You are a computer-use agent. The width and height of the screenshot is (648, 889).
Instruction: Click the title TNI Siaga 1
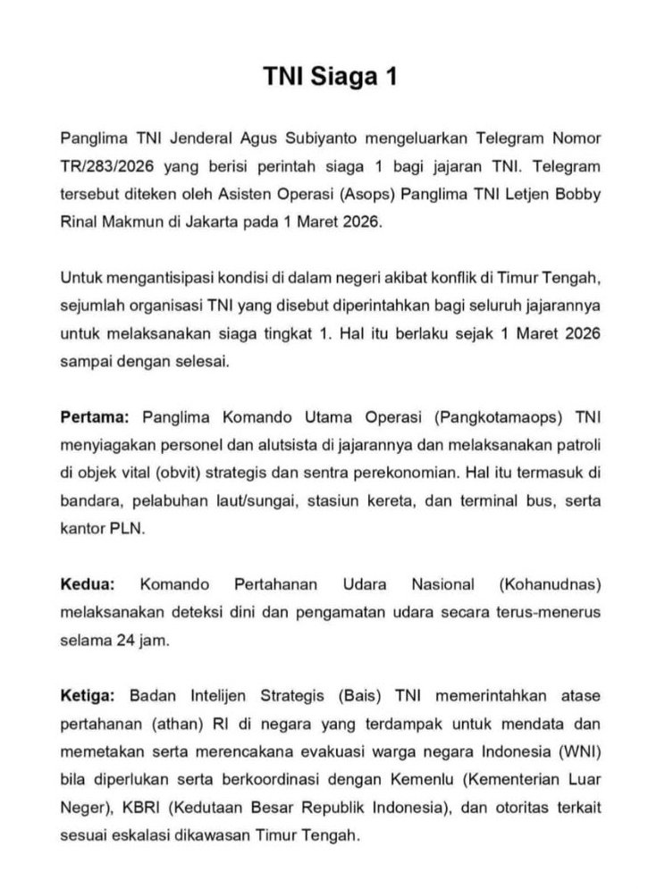click(324, 78)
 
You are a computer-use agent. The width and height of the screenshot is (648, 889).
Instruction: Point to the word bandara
click(90, 500)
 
